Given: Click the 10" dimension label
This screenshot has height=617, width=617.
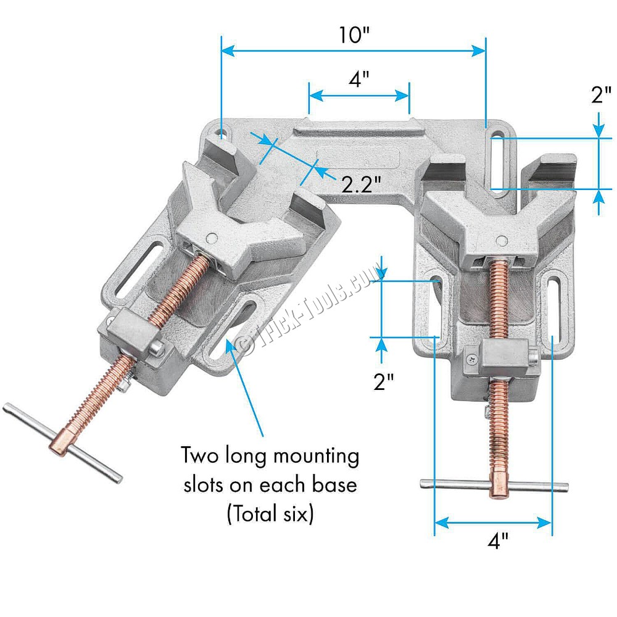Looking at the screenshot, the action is [354, 35].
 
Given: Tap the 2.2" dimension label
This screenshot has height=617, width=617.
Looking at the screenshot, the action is [361, 184].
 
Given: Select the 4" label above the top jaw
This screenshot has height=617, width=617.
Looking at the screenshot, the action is [359, 79].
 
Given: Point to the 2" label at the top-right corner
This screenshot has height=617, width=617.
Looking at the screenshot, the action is [601, 95].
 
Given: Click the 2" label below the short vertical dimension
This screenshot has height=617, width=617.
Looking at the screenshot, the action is [383, 381].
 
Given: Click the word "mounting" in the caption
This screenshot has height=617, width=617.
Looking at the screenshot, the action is [316, 457].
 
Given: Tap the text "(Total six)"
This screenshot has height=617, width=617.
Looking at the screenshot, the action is [270, 513].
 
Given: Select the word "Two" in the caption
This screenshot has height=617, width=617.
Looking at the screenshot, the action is [199, 455].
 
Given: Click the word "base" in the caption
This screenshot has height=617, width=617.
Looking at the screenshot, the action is [334, 484].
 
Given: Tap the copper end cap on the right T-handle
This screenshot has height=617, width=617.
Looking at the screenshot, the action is [498, 485].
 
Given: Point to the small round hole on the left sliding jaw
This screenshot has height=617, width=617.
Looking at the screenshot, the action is [212, 238].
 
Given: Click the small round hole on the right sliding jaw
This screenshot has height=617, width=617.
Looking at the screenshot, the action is [502, 240].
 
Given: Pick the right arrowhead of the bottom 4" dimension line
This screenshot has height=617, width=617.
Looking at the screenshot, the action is [545, 523].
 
